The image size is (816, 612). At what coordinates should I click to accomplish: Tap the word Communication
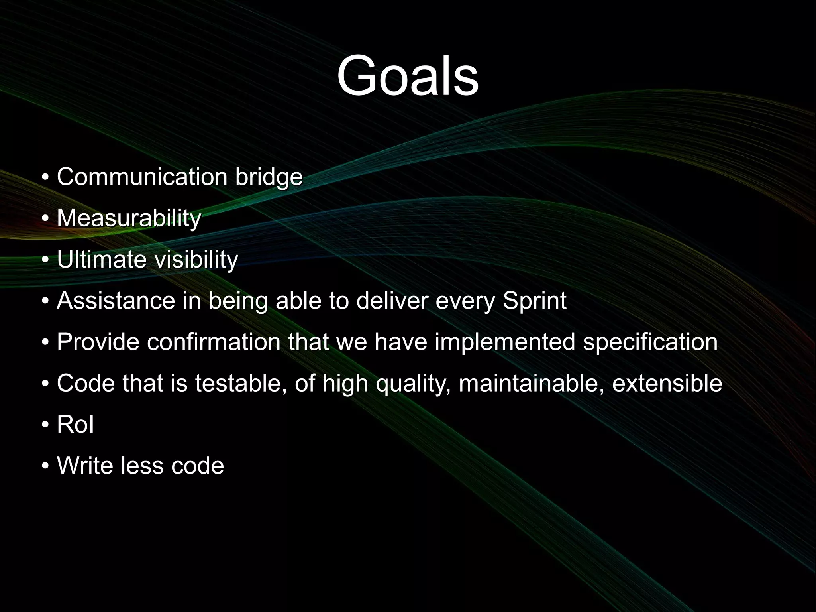point(142,177)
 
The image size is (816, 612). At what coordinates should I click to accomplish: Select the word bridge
point(269,177)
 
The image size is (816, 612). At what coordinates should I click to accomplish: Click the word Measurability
point(129,218)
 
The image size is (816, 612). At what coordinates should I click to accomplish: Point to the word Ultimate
point(102,259)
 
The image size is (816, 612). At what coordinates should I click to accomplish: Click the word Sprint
point(534,301)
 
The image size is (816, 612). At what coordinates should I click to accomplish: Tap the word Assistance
point(116,301)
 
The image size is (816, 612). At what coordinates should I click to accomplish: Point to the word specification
point(650,342)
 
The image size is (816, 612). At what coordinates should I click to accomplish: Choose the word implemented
point(505,342)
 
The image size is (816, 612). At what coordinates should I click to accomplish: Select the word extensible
point(667,383)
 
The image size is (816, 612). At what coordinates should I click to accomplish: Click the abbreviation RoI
point(75,424)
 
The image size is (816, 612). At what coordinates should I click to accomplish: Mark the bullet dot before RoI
point(45,425)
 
